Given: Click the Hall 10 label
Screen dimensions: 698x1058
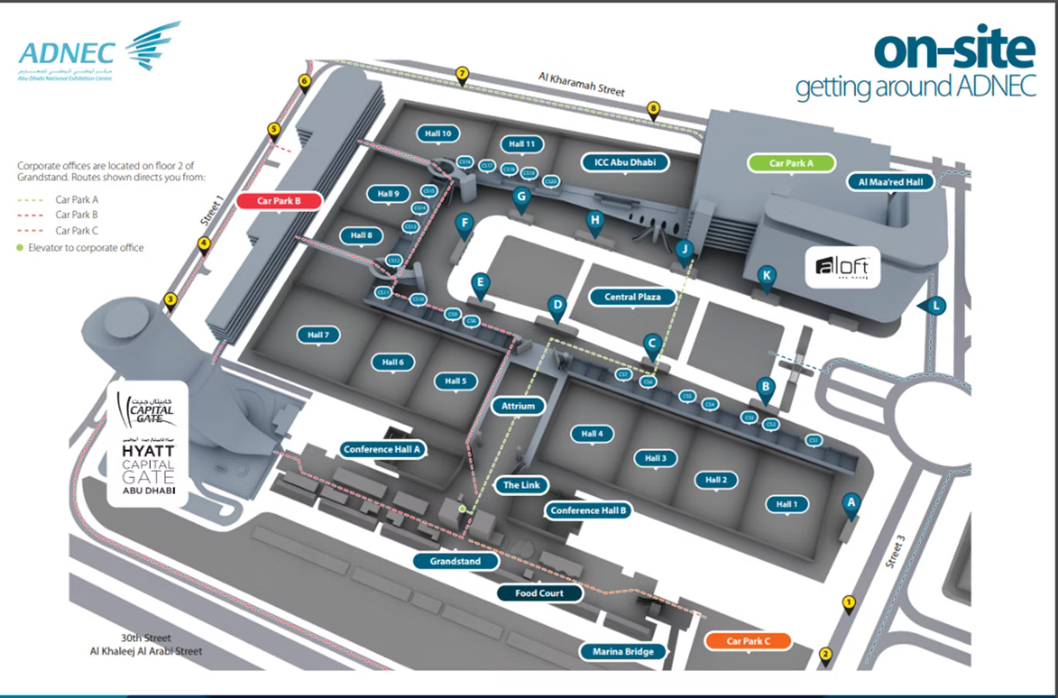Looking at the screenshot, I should click(438, 133).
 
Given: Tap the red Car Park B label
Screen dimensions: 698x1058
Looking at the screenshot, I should click(279, 201).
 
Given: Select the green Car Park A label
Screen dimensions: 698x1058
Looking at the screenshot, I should click(792, 163).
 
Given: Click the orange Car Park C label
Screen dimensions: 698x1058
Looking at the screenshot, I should click(748, 641).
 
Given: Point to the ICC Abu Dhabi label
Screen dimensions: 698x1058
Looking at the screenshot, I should click(625, 162).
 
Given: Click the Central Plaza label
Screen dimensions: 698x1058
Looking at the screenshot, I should click(632, 297).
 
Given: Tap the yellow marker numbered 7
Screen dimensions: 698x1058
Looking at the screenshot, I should click(462, 74).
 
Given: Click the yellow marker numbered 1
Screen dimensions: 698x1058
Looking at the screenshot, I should click(849, 603).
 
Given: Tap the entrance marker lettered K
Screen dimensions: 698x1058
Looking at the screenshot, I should click(767, 276).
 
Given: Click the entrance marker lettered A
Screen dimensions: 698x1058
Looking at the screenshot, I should click(851, 503).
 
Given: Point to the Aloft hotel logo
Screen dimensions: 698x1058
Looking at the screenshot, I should click(843, 267).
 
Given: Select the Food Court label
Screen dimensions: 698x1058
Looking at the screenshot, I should click(539, 593).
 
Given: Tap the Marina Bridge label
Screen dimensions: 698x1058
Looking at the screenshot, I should click(623, 652).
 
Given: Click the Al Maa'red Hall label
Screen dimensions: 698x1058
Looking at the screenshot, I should click(891, 182).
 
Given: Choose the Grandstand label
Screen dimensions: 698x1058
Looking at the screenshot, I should click(455, 561).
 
